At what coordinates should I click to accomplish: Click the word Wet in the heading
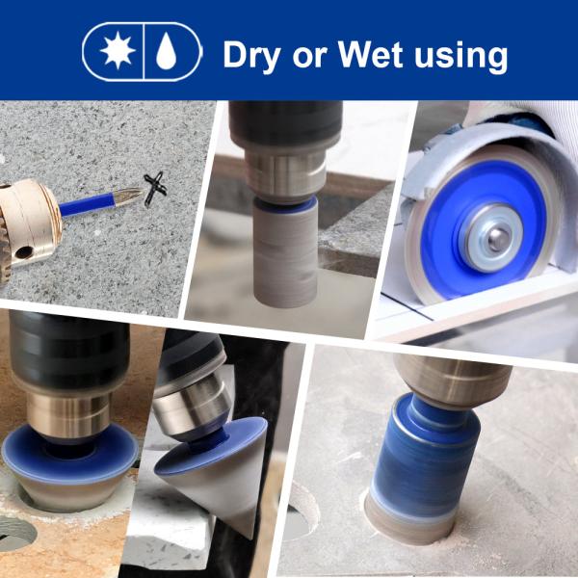pos(370,54)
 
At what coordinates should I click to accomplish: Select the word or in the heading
pos(309,58)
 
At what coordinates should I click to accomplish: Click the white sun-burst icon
pos(118,51)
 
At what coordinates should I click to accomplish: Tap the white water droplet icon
pos(167,51)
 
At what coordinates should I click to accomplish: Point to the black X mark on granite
pos(155,189)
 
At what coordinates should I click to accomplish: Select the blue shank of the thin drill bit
pos(88,204)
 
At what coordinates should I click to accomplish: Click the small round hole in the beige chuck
pos(24,252)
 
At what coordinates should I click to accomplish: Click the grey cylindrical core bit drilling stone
pos(284,253)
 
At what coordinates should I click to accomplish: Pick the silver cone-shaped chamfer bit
pos(214,476)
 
